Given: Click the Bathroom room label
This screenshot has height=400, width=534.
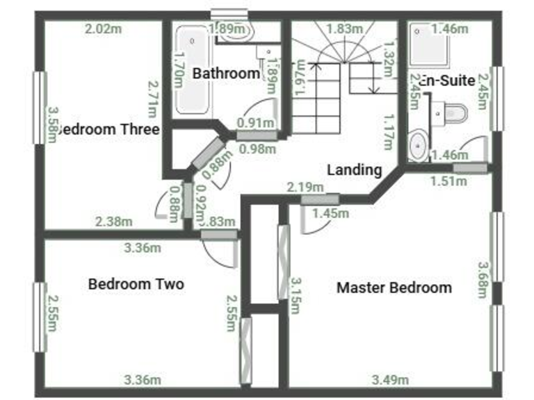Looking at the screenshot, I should tap(227, 73).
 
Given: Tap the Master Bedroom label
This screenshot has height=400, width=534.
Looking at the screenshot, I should tap(394, 287).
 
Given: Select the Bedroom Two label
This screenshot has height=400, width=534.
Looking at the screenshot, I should tap(136, 284).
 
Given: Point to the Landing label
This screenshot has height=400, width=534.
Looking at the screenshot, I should tap(355, 169).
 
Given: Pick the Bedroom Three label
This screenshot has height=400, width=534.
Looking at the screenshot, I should tap(109, 129).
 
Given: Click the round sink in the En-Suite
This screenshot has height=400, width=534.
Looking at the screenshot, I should tap(419, 146).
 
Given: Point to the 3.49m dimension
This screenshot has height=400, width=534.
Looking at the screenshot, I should tap(391, 379).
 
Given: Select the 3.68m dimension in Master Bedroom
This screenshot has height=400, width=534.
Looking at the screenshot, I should tap(482, 278).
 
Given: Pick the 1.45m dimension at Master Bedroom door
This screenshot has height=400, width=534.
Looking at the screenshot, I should tap(330, 213).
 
